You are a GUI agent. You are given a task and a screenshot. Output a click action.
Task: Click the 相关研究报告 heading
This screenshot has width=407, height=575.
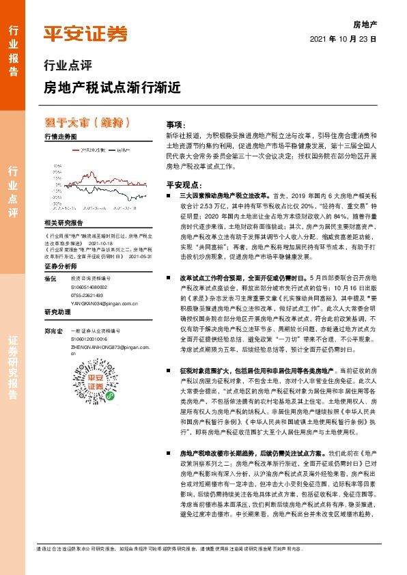63,223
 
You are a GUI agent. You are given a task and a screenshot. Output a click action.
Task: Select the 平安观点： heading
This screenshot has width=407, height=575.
183,184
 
